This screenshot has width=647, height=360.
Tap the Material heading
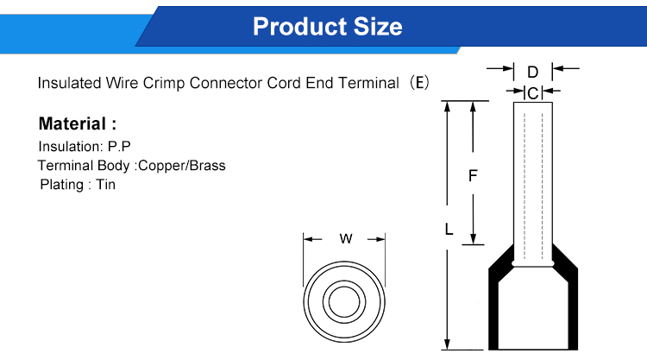click(x=77, y=124)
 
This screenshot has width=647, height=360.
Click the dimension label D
click(x=532, y=70)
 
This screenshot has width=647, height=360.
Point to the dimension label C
click(x=532, y=92)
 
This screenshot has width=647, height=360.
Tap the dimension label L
click(x=448, y=230)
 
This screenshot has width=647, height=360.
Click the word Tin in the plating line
click(x=105, y=184)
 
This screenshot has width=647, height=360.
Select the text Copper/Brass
click(x=182, y=165)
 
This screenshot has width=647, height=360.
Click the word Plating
click(x=61, y=184)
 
